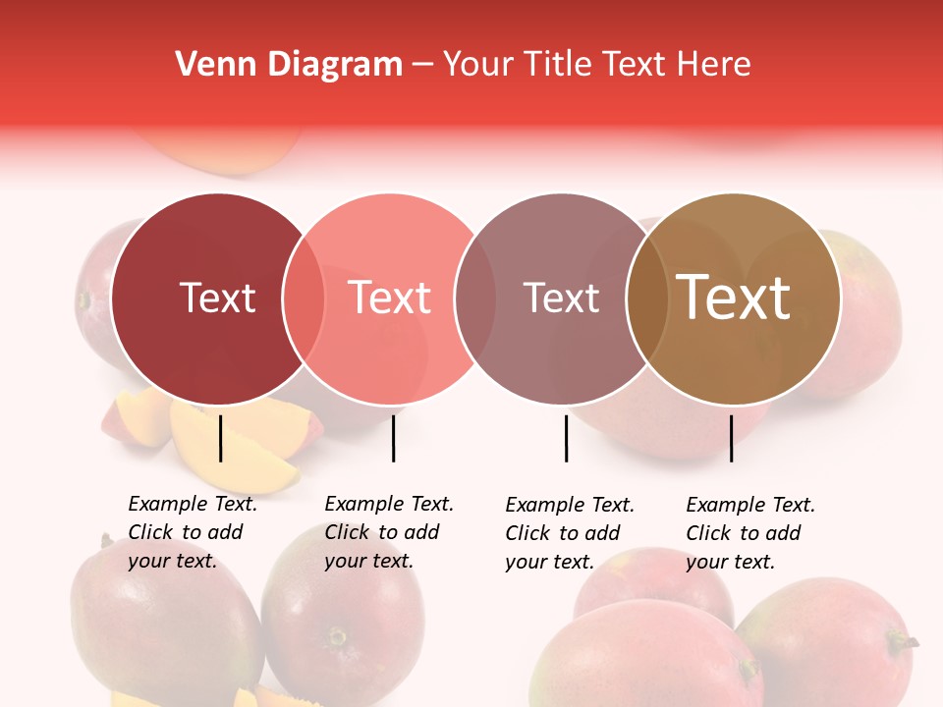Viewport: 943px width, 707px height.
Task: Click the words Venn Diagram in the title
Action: [289, 65]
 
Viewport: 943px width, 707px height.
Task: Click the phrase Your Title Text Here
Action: [596, 65]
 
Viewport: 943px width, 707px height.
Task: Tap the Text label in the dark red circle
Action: [217, 298]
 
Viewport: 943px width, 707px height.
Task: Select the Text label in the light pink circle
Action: [389, 298]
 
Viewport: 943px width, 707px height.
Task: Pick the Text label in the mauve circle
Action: [561, 298]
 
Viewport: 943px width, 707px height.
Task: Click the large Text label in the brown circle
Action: [733, 298]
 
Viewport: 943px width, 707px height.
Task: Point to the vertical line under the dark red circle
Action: [220, 438]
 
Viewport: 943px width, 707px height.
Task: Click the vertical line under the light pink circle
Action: [393, 438]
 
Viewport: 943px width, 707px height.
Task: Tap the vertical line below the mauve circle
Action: [566, 438]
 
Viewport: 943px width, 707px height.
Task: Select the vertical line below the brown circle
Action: [731, 438]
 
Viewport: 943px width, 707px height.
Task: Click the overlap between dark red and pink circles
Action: [304, 299]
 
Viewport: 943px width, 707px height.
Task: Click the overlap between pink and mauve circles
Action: [472, 299]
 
